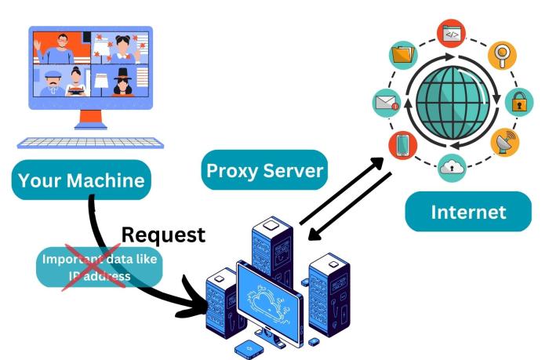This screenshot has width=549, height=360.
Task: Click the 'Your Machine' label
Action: (82, 180)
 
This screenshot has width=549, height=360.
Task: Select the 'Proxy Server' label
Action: (264, 170)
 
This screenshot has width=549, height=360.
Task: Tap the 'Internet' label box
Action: (468, 212)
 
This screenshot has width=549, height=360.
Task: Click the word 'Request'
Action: (164, 234)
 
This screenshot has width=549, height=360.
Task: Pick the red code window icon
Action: (453, 34)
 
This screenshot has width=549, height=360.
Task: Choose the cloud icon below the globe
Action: (453, 165)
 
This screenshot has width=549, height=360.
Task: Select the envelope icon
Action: (385, 102)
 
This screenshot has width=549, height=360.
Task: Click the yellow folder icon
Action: (402, 56)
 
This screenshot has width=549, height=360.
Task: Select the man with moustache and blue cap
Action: (52, 82)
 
